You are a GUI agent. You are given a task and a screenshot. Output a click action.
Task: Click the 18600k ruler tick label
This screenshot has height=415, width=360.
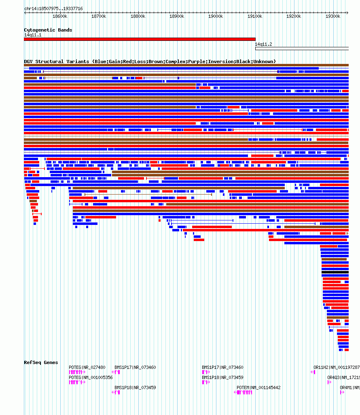(x=60, y=16)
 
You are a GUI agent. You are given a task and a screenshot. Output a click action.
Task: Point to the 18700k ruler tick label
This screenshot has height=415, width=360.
(x=99, y=16)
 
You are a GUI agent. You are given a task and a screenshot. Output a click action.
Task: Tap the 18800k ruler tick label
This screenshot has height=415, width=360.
(x=138, y=16)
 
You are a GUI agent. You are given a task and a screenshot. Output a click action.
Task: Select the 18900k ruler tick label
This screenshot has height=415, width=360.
(x=177, y=16)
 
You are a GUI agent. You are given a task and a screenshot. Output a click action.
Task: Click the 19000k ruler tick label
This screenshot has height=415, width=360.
(x=216, y=16)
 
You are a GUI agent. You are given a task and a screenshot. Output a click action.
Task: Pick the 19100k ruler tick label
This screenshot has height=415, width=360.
(x=255, y=16)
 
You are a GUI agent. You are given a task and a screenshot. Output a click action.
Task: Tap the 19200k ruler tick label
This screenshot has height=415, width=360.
(x=294, y=16)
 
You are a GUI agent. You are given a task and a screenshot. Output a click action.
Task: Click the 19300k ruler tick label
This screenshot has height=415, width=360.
(x=333, y=16)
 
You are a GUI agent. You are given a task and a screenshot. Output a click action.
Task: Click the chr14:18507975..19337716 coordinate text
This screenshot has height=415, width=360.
(x=53, y=8)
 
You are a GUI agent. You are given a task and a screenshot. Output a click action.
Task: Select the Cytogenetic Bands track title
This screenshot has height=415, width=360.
(x=48, y=30)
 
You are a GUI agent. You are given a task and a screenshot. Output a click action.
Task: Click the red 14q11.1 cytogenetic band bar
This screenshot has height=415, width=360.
(x=140, y=39)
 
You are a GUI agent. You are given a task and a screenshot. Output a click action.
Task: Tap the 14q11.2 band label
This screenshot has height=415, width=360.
(x=263, y=44)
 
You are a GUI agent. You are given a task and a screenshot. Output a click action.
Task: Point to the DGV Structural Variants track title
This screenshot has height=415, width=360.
(x=150, y=61)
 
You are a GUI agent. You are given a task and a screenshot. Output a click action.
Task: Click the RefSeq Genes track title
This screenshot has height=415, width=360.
(x=41, y=362)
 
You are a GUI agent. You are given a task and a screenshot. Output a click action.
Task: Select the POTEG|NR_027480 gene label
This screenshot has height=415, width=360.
(x=87, y=367)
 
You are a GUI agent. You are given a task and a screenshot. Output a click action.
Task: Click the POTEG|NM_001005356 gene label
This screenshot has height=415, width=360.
(x=91, y=377)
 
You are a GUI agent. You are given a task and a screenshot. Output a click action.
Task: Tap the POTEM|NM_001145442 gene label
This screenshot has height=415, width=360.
(x=258, y=387)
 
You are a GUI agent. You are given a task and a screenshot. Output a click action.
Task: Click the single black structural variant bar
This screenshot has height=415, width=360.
(x=335, y=273)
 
